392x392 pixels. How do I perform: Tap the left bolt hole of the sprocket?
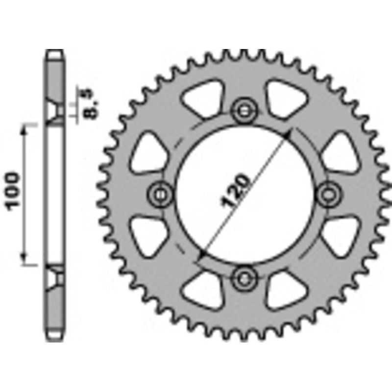pyautogui.click(x=160, y=195)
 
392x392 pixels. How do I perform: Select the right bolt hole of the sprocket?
pyautogui.click(x=327, y=195)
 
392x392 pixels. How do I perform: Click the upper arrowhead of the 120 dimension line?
pyautogui.click(x=289, y=133)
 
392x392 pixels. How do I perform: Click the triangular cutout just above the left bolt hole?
pyautogui.click(x=147, y=152)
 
